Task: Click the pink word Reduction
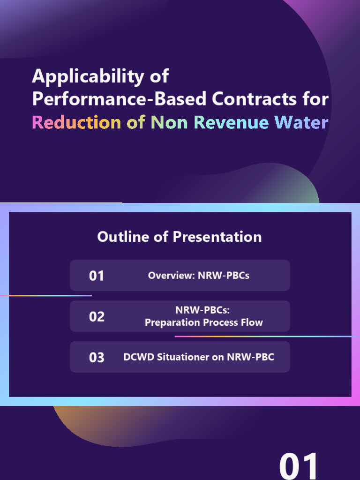click(76, 122)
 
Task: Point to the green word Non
click(169, 122)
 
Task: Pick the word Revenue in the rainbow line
click(232, 122)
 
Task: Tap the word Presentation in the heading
click(217, 237)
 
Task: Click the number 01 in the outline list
click(97, 276)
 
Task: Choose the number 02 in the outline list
click(97, 316)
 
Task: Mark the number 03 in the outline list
click(97, 357)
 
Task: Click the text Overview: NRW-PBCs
click(199, 276)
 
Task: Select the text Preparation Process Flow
click(203, 322)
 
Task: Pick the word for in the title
click(315, 99)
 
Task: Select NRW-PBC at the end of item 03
click(250, 357)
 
